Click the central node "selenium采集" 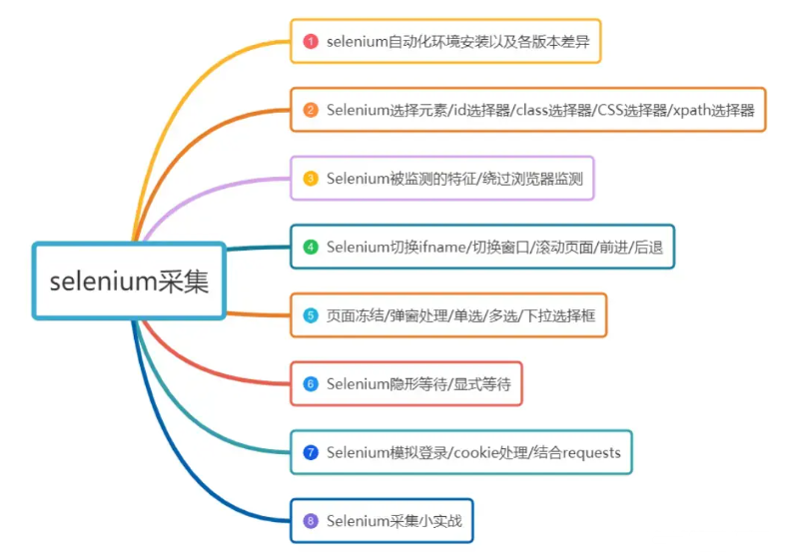tap(130, 280)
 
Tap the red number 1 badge tap(311, 42)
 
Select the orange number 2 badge tap(311, 110)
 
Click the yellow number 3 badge tap(311, 179)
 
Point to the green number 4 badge tap(311, 247)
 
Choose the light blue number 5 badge tap(311, 315)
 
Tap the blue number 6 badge tap(311, 383)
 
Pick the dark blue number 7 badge tap(311, 452)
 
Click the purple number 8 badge tap(311, 520)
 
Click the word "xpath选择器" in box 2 tap(712, 110)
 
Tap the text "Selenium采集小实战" tap(395, 520)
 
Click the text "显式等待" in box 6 tap(483, 383)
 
